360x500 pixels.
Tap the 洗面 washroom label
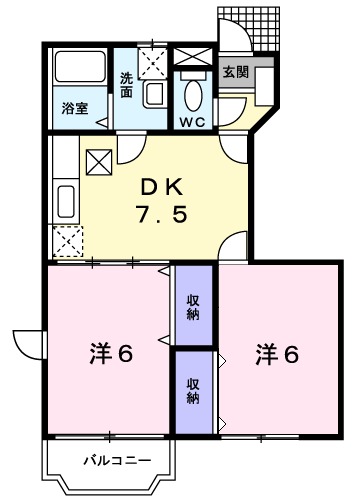pos(127,84)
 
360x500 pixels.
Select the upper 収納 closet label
pos(193,306)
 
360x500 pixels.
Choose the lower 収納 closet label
pos(193,389)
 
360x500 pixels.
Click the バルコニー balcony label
pos(117,461)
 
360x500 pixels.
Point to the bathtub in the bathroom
pos(78,70)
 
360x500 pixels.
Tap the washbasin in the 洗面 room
pos(154,93)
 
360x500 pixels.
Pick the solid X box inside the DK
pos(100,160)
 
